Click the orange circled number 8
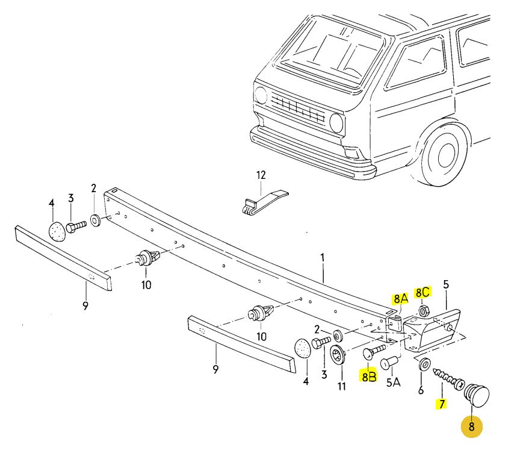click(471, 426)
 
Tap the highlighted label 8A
click(401, 298)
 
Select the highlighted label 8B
click(368, 377)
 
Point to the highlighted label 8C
click(422, 292)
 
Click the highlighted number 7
click(442, 404)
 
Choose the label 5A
click(393, 382)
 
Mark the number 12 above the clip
click(261, 175)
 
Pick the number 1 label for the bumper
click(323, 257)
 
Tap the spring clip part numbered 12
click(264, 202)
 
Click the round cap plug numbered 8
click(478, 395)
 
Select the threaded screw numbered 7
click(447, 378)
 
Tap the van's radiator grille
click(298, 109)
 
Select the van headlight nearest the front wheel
click(336, 123)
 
